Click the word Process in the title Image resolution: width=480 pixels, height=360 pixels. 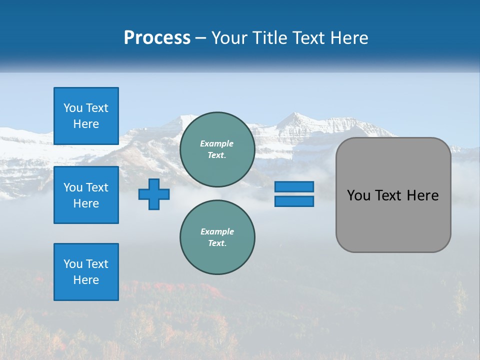[x=157, y=38]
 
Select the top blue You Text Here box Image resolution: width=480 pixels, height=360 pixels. [x=86, y=116]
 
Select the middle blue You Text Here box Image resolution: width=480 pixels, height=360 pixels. [x=86, y=195]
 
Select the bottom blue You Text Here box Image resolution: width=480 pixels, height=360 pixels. [x=86, y=272]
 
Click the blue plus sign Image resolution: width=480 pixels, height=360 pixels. [x=154, y=194]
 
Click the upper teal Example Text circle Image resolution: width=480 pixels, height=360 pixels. [x=217, y=149]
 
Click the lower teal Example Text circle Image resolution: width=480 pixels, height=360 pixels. [x=217, y=237]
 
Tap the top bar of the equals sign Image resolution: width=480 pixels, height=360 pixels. [x=294, y=187]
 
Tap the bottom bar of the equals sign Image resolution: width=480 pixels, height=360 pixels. [x=294, y=201]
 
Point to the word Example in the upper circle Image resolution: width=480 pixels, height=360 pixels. [x=217, y=143]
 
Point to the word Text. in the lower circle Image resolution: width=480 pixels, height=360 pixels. [x=217, y=243]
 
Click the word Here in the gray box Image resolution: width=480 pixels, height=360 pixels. [x=422, y=195]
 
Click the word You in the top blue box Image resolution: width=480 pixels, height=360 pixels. [x=73, y=108]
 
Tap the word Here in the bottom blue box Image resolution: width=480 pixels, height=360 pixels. [x=86, y=280]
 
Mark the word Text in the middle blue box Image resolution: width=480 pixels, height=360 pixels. [x=97, y=187]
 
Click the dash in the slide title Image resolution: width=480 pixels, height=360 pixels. [x=200, y=38]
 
